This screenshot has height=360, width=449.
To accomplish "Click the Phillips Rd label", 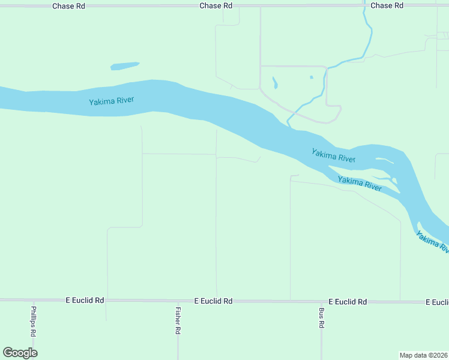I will coord(34,322).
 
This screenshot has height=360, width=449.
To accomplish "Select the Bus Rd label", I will coord(322,318).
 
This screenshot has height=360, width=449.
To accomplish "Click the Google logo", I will coord(20,353).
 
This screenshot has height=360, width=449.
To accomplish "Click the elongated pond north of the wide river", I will coord(124,66).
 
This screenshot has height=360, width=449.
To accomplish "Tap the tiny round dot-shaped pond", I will coord(311,77).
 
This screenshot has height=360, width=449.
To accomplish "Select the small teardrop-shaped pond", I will coord(275,83).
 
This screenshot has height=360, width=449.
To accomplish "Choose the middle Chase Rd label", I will coord(215,5).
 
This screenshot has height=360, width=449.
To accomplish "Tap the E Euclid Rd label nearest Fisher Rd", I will coord(213,301).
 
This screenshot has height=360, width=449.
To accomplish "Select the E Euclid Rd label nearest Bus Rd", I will coord(348,302).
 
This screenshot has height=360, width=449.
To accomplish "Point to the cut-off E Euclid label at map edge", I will coord(437,302).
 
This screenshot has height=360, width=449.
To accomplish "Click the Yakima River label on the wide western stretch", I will coord(111,101).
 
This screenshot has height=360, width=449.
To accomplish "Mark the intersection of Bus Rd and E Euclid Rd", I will coord(322,301).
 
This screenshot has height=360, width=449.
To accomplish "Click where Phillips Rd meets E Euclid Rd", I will coord(34,300).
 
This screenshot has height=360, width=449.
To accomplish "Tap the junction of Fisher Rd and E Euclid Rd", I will coord(178,300).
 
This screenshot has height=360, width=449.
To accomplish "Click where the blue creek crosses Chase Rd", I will coord(364,5).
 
